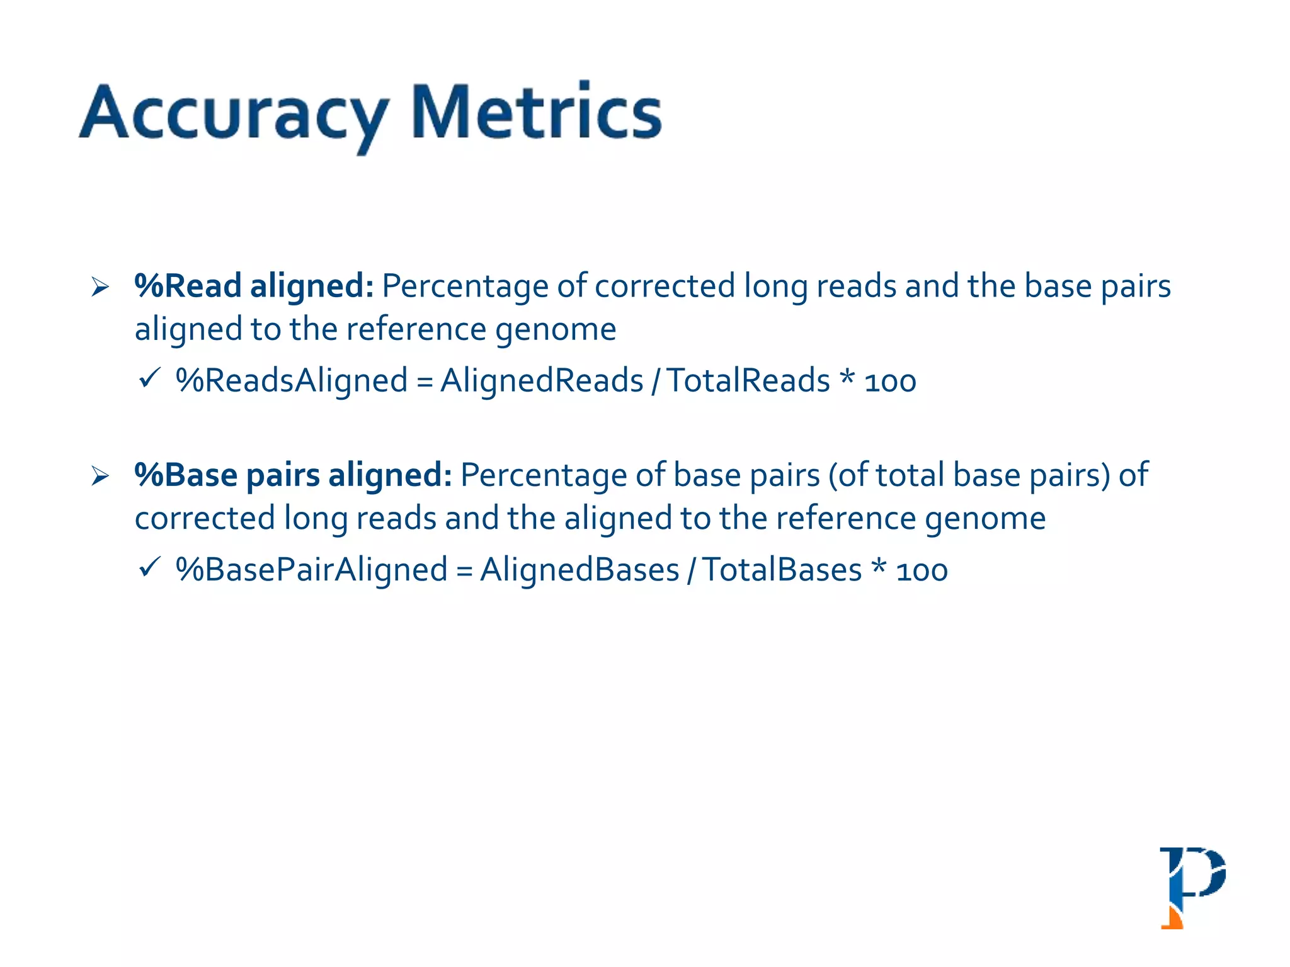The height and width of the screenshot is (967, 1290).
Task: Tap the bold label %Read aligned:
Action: pyautogui.click(x=254, y=286)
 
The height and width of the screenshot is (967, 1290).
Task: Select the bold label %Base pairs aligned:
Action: pyautogui.click(x=293, y=475)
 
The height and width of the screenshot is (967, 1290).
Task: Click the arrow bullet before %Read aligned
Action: pyautogui.click(x=100, y=287)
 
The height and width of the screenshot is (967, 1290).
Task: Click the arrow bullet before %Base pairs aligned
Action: pyautogui.click(x=100, y=476)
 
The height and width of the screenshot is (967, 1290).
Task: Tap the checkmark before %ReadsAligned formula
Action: pyautogui.click(x=150, y=378)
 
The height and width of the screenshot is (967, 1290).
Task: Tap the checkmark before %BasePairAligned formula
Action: pyautogui.click(x=150, y=567)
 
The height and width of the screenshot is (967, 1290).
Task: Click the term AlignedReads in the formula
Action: pyautogui.click(x=542, y=381)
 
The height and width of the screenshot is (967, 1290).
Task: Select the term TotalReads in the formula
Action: pyautogui.click(x=748, y=381)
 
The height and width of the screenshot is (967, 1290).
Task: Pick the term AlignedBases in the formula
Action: pyautogui.click(x=579, y=570)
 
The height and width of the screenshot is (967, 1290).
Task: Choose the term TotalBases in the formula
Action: pyautogui.click(x=782, y=570)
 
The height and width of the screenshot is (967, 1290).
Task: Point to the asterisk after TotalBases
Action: pyautogui.click(x=879, y=567)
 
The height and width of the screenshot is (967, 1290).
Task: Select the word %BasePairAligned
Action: pyautogui.click(x=312, y=570)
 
